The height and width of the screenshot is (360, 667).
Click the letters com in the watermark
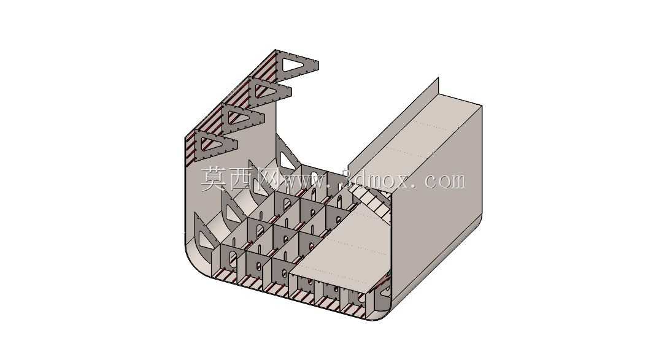click(445, 182)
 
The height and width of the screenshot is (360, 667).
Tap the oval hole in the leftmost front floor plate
click(233, 259)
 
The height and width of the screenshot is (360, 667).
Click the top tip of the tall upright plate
click(438, 78)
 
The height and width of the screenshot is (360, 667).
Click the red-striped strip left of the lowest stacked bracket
click(190, 149)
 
